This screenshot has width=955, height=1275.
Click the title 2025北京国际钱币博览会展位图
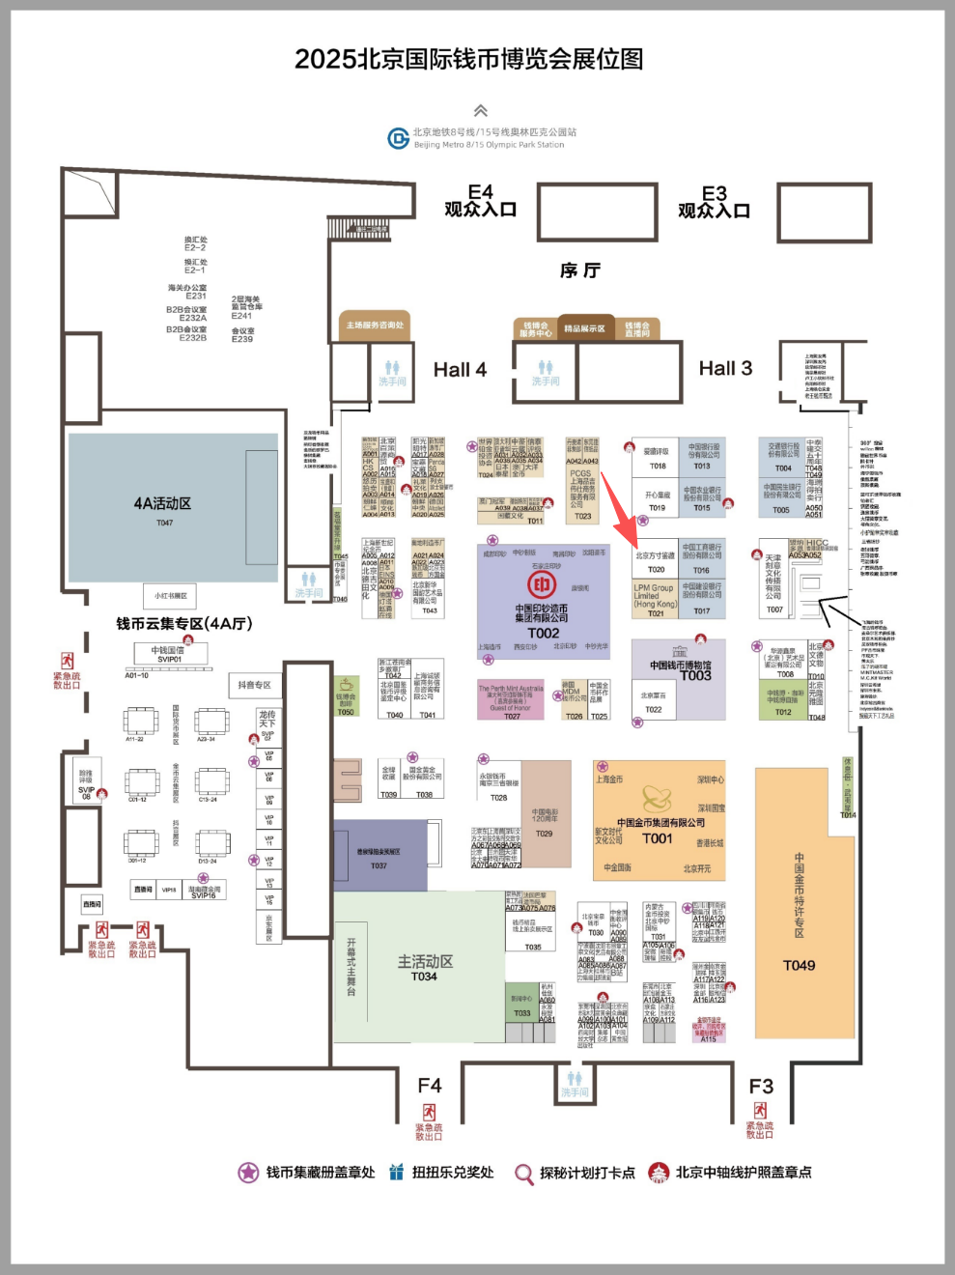point(469,59)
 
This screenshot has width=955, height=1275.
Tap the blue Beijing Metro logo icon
point(398,138)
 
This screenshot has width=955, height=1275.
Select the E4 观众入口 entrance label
point(480,201)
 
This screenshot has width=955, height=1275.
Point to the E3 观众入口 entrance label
point(714,202)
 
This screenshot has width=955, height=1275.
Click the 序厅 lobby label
point(579,270)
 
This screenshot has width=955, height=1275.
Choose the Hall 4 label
point(460,370)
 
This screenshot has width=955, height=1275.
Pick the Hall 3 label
point(725,368)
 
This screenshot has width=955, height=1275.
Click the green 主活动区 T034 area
point(425,967)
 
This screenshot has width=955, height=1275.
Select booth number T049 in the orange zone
point(799,965)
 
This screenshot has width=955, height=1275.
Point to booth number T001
point(657,838)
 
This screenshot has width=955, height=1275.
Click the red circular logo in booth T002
point(542,584)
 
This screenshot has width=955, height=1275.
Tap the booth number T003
point(695,676)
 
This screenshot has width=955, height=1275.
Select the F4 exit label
point(430,1086)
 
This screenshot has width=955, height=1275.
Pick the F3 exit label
point(761,1087)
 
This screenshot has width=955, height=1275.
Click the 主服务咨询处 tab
point(376,326)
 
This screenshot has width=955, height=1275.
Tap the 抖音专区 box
point(255,685)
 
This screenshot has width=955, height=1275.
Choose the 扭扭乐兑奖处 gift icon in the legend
point(396,1173)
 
